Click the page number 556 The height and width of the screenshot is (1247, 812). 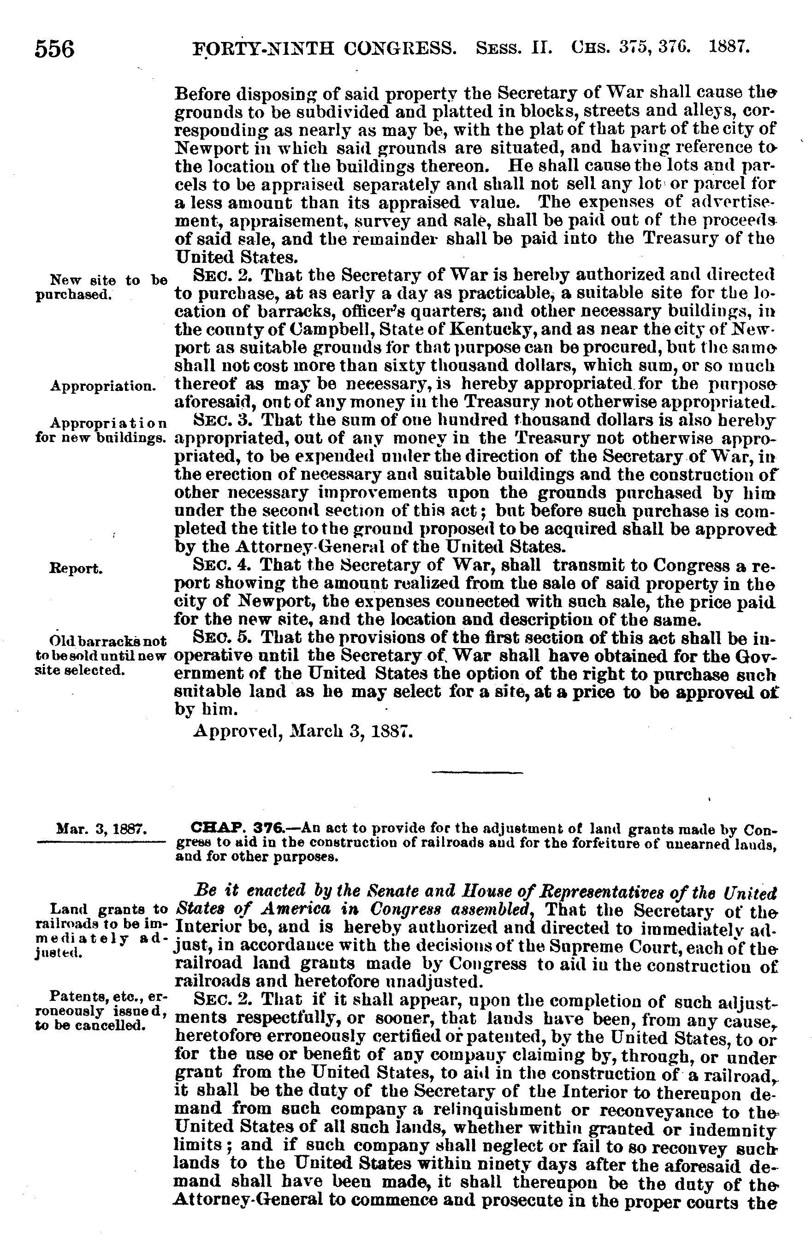[x=54, y=50]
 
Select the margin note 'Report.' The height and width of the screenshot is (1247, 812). [x=76, y=568]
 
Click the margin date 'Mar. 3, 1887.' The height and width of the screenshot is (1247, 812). [x=101, y=830]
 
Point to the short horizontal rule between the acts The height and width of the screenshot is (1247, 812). [x=478, y=772]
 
